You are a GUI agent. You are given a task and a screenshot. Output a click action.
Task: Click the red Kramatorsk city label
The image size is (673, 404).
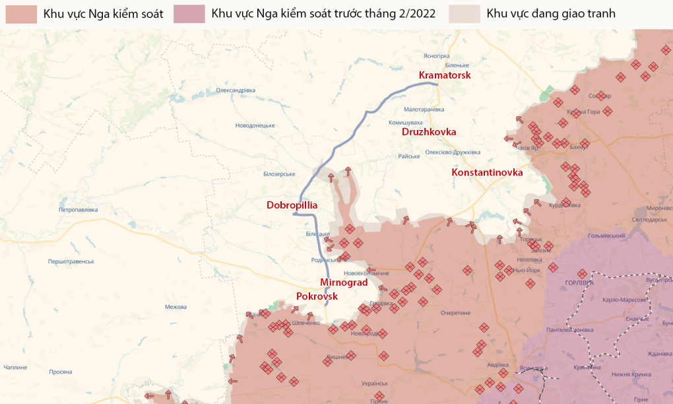tap(445, 75)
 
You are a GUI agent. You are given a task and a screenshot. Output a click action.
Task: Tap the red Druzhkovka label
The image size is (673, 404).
tap(429, 132)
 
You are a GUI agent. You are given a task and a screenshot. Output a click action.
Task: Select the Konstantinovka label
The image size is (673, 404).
tap(487, 172)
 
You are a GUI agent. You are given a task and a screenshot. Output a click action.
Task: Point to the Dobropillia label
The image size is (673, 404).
tap(292, 205)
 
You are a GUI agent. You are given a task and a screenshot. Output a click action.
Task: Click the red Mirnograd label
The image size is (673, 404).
tap(343, 283)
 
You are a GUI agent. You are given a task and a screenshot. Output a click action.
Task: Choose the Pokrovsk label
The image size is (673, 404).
tap(317, 296)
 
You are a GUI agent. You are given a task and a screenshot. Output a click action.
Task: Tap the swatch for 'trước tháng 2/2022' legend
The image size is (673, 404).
tap(189, 14)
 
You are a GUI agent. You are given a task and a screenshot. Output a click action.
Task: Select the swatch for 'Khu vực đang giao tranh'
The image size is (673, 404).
tap(465, 14)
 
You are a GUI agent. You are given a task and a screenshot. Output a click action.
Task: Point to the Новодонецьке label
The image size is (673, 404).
tap(255, 125)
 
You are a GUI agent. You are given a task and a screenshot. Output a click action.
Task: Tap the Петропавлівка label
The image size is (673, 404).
tap(78, 210)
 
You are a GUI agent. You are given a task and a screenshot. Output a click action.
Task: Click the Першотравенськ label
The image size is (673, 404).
tap(71, 261)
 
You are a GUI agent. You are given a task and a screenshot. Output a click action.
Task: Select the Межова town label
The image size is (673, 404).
tap(176, 307)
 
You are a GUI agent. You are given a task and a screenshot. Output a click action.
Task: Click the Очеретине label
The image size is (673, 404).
tap(455, 313)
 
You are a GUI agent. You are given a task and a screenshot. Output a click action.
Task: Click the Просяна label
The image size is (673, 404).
tap(60, 372)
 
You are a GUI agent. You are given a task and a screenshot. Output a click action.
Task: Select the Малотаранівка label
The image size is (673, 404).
tap(424, 110)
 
